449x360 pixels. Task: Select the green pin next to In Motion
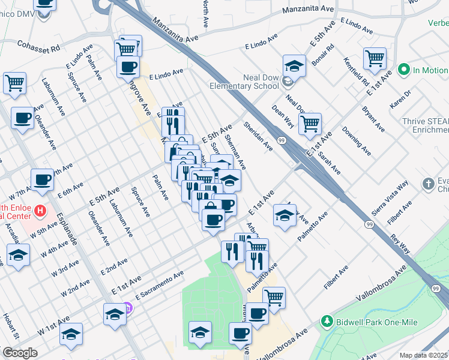(404, 70)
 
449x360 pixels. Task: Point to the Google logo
(20, 353)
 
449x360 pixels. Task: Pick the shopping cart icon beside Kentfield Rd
(375, 59)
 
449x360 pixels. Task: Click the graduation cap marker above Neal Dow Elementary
(294, 65)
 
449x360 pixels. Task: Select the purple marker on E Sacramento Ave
(128, 308)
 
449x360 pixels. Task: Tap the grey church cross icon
(428, 183)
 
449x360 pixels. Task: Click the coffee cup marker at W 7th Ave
(42, 179)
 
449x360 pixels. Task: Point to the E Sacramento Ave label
(159, 286)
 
